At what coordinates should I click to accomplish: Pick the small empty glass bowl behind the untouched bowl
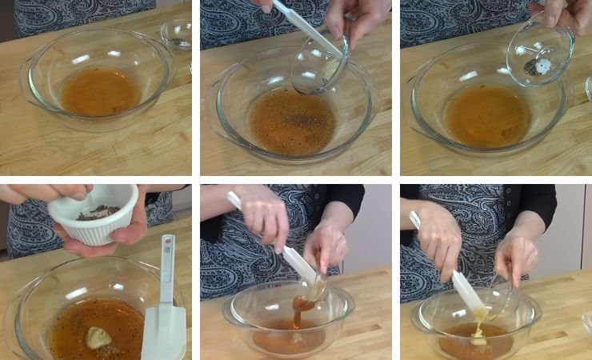click(176, 34)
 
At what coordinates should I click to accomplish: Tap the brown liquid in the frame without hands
click(100, 93)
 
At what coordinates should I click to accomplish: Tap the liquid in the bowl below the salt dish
click(488, 116)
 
